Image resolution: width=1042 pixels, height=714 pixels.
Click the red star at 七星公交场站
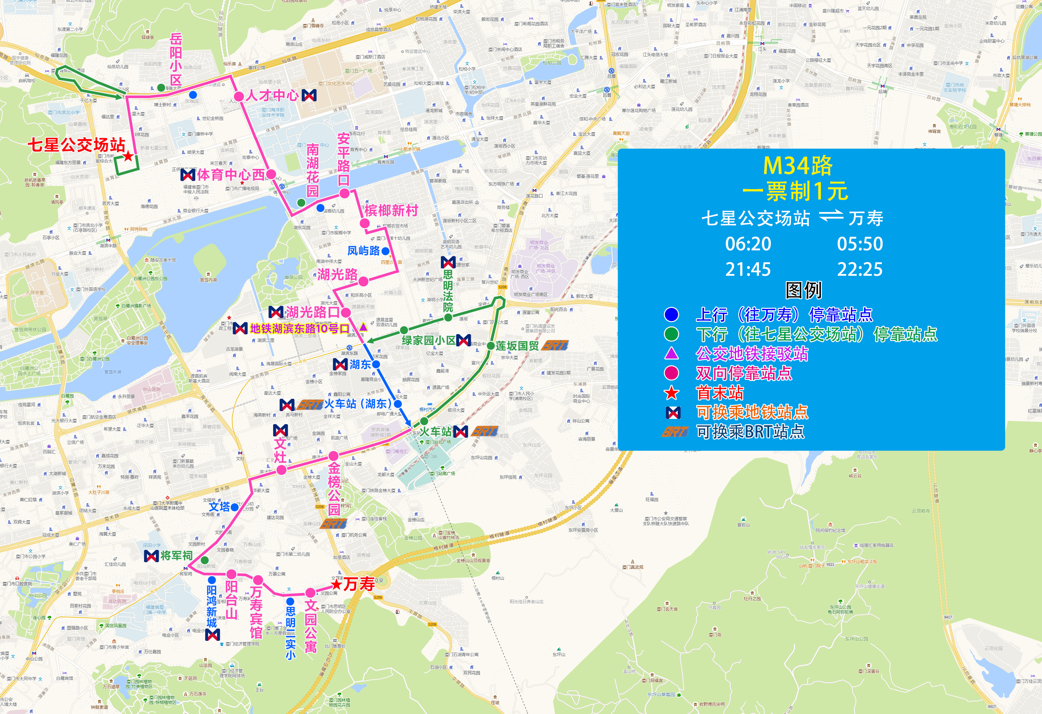click(128, 156)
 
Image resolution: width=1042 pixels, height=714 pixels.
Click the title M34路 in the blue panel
click(797, 166)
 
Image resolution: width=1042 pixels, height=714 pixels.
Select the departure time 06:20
click(748, 244)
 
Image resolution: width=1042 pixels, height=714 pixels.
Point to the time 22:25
click(860, 269)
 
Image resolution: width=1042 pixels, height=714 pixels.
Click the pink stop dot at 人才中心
click(239, 96)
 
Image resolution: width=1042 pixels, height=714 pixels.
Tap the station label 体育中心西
click(231, 174)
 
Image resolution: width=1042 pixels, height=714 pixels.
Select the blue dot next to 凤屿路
click(386, 251)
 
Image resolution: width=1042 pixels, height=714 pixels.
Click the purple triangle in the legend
click(671, 354)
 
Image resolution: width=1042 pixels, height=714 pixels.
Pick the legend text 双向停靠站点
click(744, 373)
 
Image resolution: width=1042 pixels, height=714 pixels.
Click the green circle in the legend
click(671, 334)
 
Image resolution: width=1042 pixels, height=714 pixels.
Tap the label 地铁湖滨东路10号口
click(299, 329)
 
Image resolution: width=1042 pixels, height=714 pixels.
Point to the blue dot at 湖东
click(376, 364)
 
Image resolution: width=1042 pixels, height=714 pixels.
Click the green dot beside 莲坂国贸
click(491, 345)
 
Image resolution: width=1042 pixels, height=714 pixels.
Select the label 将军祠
click(176, 556)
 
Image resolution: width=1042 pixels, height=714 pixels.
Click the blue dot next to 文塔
click(234, 507)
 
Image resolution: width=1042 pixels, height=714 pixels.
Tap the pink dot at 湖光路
click(363, 281)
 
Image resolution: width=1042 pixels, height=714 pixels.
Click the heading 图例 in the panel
click(803, 291)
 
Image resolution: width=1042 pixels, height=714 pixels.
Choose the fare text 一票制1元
click(795, 191)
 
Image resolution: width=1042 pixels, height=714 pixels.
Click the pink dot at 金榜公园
click(333, 456)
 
